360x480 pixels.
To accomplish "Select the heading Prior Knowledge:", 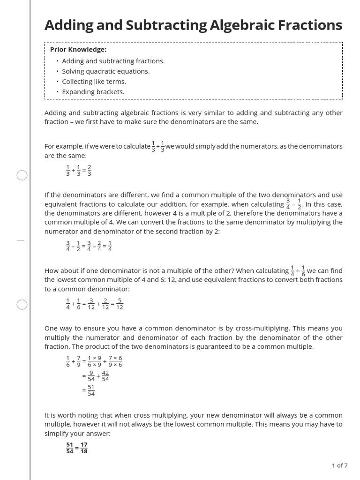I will tap(78, 50).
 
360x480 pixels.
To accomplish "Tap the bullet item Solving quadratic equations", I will tap(105, 71).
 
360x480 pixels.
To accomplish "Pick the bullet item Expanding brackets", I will tap(93, 92).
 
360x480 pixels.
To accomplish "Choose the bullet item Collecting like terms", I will tap(94, 82).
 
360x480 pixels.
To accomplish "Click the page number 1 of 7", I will tap(339, 465).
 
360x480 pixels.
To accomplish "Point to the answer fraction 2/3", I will tap(90, 171).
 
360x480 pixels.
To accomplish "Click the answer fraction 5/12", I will tap(120, 304).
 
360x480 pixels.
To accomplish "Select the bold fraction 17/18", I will tap(83, 448).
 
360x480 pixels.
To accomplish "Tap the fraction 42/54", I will tap(105, 376).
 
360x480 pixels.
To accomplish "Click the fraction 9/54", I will tap(91, 376).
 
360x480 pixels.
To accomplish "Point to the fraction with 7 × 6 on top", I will tap(115, 361).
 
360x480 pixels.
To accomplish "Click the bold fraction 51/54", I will tap(69, 448).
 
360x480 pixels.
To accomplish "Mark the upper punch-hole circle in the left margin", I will tap(22, 176).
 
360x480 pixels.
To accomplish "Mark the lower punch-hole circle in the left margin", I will tap(22, 305).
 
